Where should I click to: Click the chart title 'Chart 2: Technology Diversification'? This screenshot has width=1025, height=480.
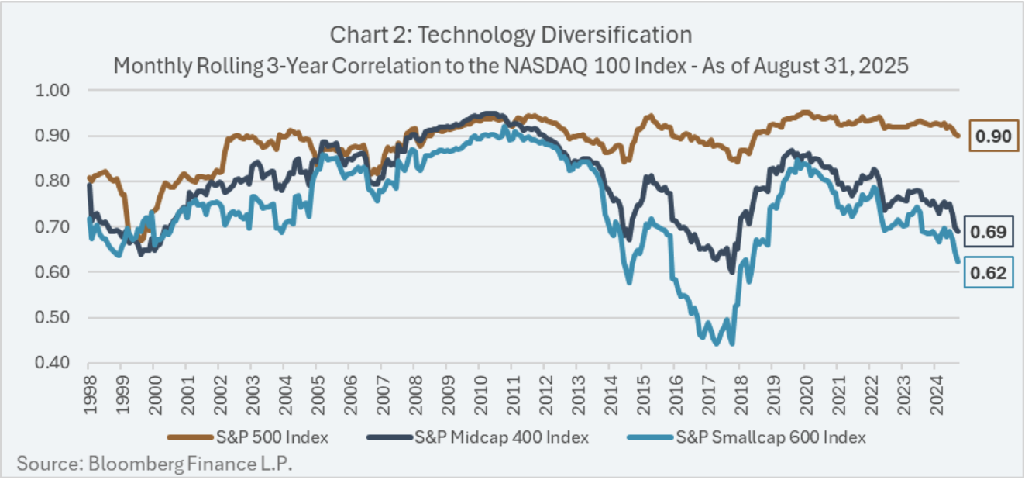point(511,35)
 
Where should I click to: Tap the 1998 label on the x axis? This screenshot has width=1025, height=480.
point(88,392)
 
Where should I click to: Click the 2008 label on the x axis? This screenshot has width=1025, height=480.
point(414,392)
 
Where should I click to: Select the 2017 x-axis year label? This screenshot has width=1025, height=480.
point(707,392)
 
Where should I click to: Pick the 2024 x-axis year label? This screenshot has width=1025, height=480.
point(934,392)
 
